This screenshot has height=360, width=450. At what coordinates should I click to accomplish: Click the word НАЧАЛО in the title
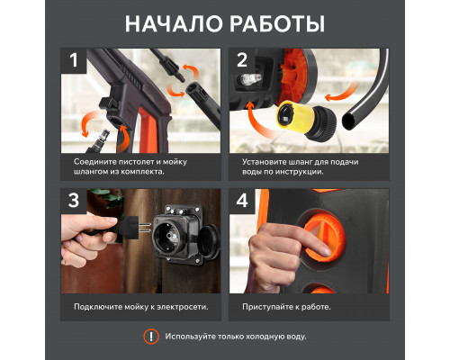pos(174,23)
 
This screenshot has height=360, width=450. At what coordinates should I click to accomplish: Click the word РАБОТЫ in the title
pos(279,23)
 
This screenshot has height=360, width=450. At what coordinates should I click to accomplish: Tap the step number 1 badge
pos(74,60)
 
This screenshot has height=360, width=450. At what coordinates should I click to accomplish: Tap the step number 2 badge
pos(242,60)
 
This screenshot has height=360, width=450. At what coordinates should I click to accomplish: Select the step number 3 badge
pos(74,201)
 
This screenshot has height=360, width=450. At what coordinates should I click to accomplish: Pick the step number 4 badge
pos(242,201)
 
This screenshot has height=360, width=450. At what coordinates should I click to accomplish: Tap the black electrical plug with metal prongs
pos(126,227)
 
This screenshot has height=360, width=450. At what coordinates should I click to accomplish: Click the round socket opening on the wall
pos(166,237)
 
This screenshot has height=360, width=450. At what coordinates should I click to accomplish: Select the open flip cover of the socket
pos(209,241)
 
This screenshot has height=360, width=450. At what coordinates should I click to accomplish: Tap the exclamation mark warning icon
pos(151,337)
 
